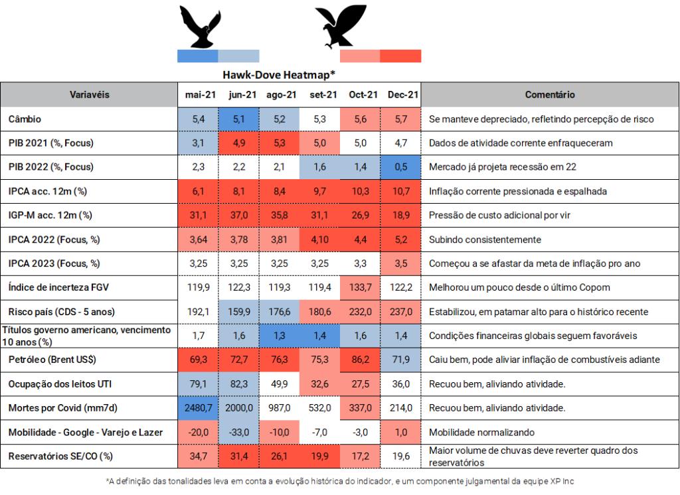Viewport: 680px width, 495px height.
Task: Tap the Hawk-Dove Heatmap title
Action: pyautogui.click(x=278, y=74)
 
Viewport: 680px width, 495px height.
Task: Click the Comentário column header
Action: pyautogui.click(x=550, y=95)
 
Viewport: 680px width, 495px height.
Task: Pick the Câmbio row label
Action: pyautogui.click(x=25, y=119)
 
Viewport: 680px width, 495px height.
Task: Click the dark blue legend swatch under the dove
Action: pyautogui.click(x=197, y=56)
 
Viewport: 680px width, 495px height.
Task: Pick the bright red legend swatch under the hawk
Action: pyautogui.click(x=400, y=56)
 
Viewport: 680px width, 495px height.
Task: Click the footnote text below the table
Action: pyautogui.click(x=339, y=480)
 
